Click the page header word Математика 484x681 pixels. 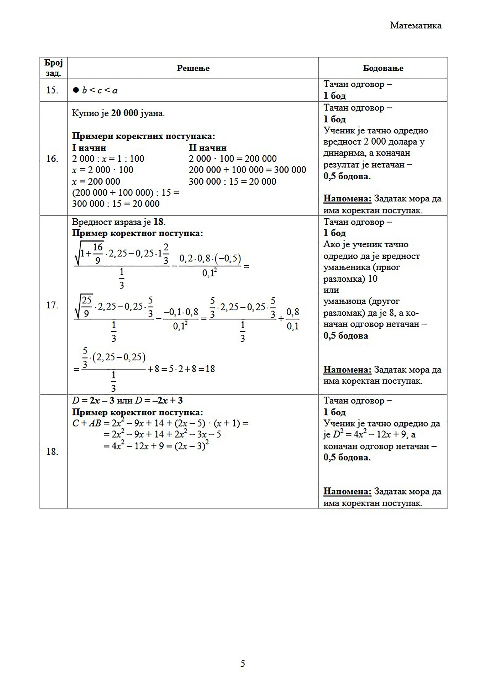pyautogui.click(x=415, y=25)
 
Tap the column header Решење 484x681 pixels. pyautogui.click(x=193, y=68)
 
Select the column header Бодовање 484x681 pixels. pyautogui.click(x=383, y=68)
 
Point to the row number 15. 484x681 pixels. pyautogui.click(x=52, y=90)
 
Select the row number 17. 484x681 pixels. pyautogui.click(x=52, y=305)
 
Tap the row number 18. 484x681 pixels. pyautogui.click(x=52, y=451)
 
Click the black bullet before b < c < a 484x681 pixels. pyautogui.click(x=76, y=90)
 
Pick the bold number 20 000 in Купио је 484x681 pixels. pyautogui.click(x=124, y=113)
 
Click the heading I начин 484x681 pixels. pyautogui.click(x=89, y=148)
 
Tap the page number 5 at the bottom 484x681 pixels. pyautogui.click(x=243, y=664)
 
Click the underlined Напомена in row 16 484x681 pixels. pyautogui.click(x=347, y=198)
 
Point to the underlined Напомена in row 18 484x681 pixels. pyautogui.click(x=347, y=491)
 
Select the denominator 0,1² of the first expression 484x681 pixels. pyautogui.click(x=209, y=273)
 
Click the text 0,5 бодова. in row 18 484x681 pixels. pyautogui.click(x=347, y=457)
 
